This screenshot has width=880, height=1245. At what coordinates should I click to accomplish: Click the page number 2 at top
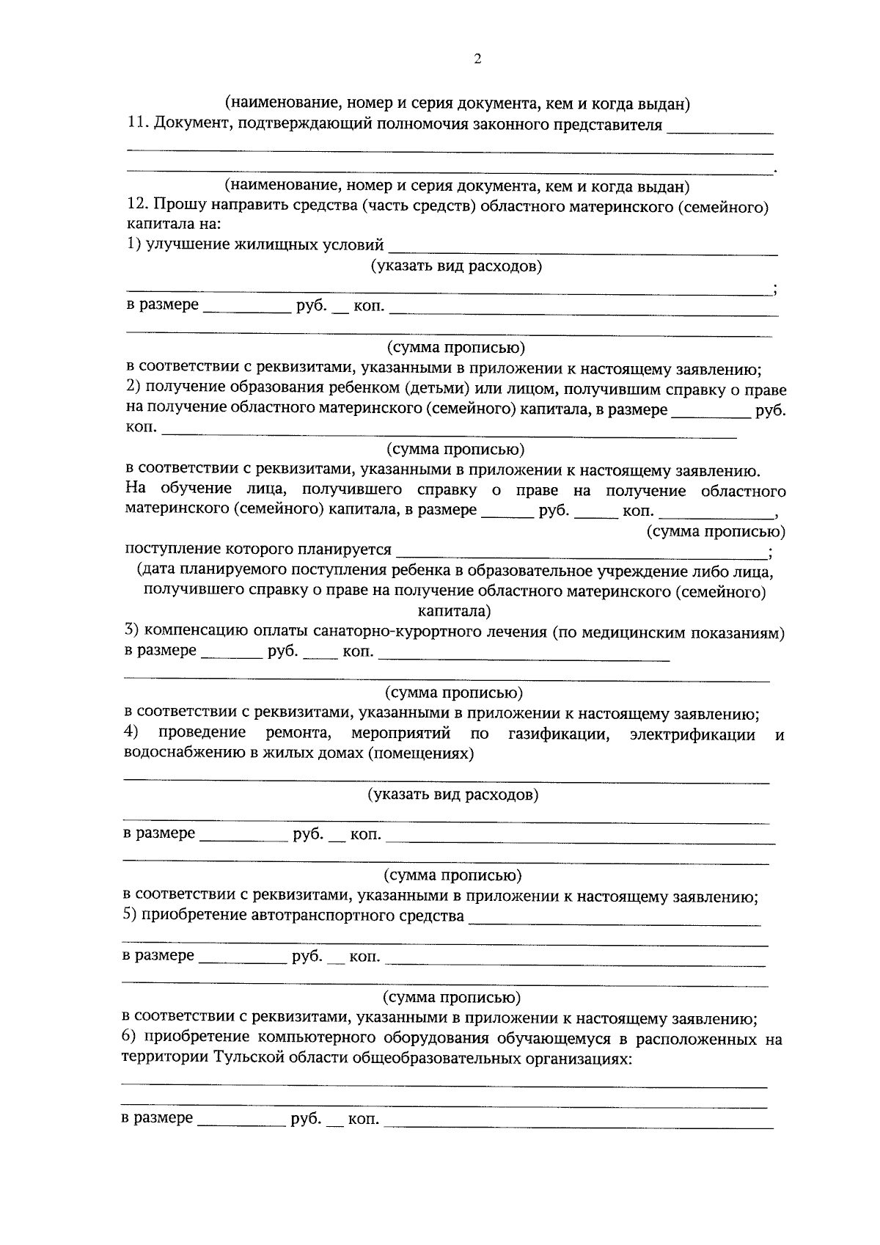[x=477, y=60]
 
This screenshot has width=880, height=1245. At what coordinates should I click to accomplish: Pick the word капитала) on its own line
[x=455, y=610]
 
